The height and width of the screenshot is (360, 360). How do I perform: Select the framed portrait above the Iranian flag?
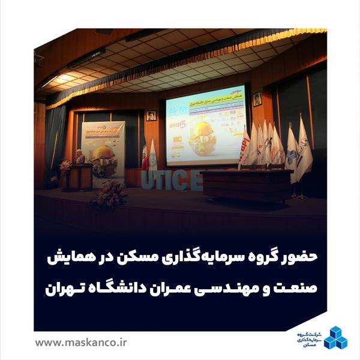(x=151, y=115)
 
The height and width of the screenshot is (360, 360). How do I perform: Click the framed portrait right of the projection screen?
(x=257, y=99)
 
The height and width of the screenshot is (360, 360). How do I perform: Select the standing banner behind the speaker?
(x=103, y=153)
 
